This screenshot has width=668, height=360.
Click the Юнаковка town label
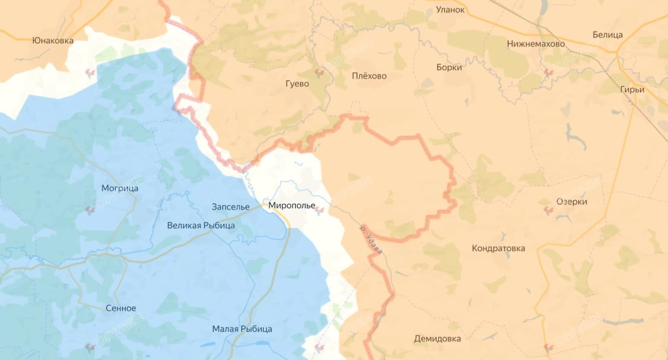tap(53, 40)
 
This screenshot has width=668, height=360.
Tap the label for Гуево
tap(297, 84)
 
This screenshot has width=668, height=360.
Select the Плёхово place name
tap(369, 76)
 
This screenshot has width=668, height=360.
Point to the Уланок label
tap(450, 9)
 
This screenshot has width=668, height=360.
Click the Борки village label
tap(448, 67)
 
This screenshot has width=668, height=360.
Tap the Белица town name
tap(607, 34)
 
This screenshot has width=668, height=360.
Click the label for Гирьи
tap(632, 90)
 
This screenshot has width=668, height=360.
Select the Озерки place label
tap(572, 202)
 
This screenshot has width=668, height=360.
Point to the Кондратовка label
tap(498, 248)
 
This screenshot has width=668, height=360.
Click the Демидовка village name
tap(437, 339)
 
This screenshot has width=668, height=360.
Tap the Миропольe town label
tap(292, 205)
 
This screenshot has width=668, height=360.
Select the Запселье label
tap(231, 206)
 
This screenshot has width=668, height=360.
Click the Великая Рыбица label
tap(201, 225)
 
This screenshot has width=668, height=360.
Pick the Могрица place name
tap(120, 188)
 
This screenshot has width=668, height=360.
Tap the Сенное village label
tap(121, 308)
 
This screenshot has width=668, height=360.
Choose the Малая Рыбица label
tap(242, 329)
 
